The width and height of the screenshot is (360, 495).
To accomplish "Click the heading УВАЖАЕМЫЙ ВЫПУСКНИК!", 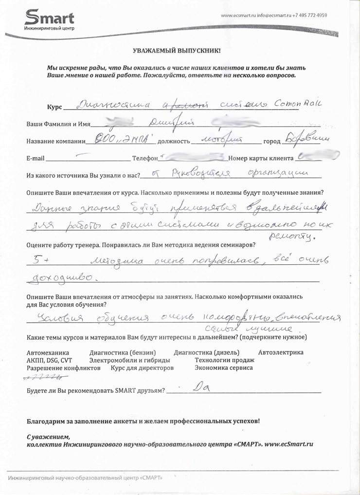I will pos(176,51).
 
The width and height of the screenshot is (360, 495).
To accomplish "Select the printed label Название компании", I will pos(54,142).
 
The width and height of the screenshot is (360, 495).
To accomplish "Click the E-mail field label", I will pos(35,159).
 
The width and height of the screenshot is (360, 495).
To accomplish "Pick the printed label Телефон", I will pos(144,159).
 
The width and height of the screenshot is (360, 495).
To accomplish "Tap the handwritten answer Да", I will pos(200,388).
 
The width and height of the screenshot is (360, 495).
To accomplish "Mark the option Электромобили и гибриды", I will pos(130,360).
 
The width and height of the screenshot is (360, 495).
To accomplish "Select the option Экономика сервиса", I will pos(223,368).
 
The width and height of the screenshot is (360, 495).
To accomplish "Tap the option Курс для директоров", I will pos(142,368).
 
